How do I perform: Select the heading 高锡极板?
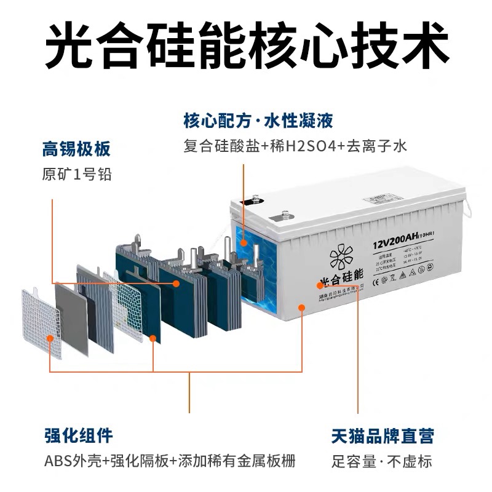coord(76,149)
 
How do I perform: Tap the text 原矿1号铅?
coord(76,174)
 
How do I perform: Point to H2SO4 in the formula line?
coord(307,146)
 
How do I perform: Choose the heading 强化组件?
coord(78,436)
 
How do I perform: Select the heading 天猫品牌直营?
coord(383,436)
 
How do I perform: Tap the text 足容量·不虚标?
coord(381,461)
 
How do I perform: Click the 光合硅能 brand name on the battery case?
coord(341,281)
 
